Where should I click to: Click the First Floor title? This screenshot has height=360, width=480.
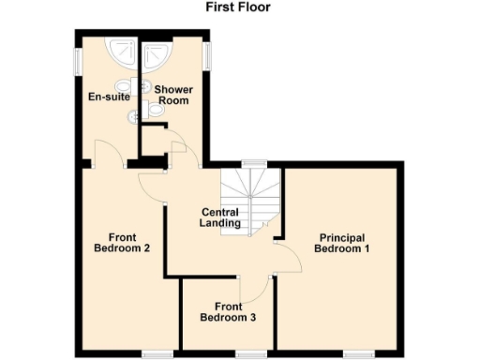tap(239, 7)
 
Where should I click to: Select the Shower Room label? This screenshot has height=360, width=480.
tap(173, 96)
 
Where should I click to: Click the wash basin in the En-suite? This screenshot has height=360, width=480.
tap(133, 85)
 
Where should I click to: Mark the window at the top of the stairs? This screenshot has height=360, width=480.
tap(252, 164)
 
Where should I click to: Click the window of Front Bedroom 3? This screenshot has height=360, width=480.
tap(248, 353)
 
